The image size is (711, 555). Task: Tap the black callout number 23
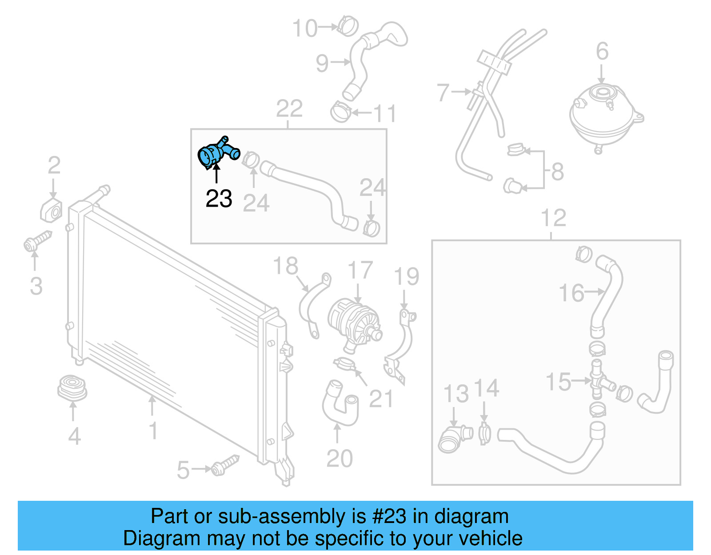[219, 199]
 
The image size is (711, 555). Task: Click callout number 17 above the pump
[359, 271]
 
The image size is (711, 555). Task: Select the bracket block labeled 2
[52, 210]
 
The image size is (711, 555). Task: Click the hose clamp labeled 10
[348, 25]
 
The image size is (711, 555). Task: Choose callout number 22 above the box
[289, 109]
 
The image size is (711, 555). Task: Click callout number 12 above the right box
[553, 218]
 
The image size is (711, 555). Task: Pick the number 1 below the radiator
[153, 431]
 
